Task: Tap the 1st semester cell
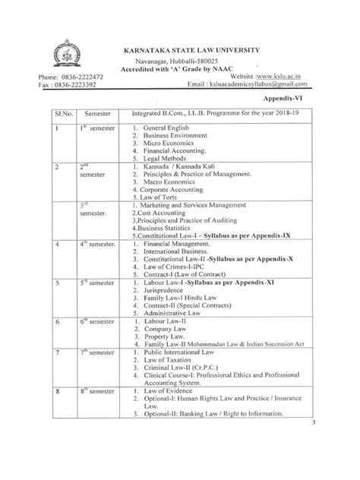coord(97,128)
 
